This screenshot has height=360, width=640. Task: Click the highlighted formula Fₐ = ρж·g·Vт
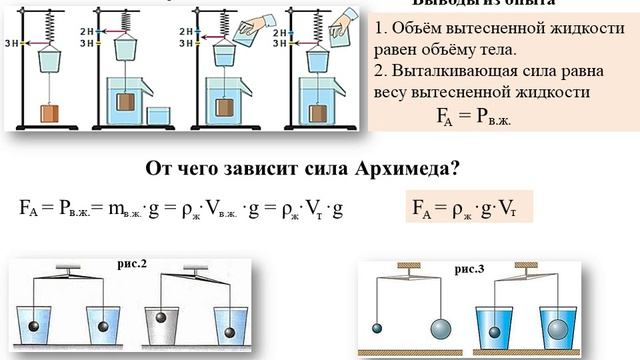471,208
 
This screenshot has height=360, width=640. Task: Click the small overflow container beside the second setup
161,115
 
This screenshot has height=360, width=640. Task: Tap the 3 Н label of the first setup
11,43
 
